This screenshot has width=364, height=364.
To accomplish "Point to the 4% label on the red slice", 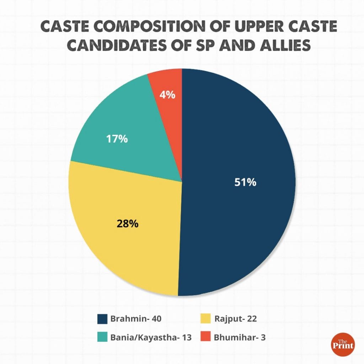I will pyautogui.click(x=167, y=95).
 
